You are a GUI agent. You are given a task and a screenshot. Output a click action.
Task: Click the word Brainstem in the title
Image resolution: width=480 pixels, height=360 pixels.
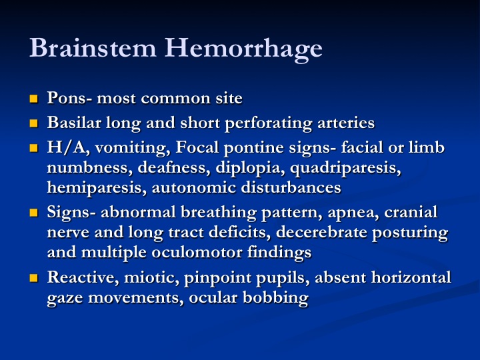pos(93,47)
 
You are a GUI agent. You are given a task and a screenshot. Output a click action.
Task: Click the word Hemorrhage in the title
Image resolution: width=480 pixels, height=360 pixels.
pos(243,49)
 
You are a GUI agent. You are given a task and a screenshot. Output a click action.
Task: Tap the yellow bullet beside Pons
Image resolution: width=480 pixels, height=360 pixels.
pos(34,99)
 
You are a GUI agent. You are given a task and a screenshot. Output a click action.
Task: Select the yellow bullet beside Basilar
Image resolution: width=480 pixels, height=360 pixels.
pos(34,123)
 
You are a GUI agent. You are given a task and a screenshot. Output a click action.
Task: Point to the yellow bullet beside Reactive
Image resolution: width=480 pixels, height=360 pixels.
pos(34,277)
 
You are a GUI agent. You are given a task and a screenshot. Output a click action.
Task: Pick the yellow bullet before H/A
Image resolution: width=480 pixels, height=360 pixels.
pos(34,148)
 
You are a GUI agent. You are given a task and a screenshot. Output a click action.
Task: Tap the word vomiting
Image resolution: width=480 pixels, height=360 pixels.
pos(133,148)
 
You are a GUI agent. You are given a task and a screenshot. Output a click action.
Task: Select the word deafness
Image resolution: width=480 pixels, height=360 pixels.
pos(173,167)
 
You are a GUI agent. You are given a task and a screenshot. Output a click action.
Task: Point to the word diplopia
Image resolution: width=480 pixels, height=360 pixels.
pos(250,169)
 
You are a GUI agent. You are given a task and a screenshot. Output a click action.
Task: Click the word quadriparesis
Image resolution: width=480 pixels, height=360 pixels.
pos(345,169)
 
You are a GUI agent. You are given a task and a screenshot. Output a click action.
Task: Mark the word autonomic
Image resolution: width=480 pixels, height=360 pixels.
pos(193,187)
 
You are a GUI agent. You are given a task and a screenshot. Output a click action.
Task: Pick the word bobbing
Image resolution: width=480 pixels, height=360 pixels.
pos(275,298)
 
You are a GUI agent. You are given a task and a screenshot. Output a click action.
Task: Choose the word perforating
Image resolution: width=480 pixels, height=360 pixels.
pos(268,124)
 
